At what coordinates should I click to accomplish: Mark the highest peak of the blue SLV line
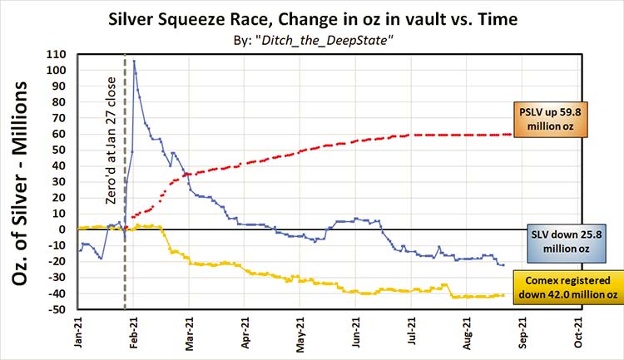pyautogui.click(x=134, y=60)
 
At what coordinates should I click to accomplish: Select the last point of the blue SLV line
pyautogui.click(x=503, y=264)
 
